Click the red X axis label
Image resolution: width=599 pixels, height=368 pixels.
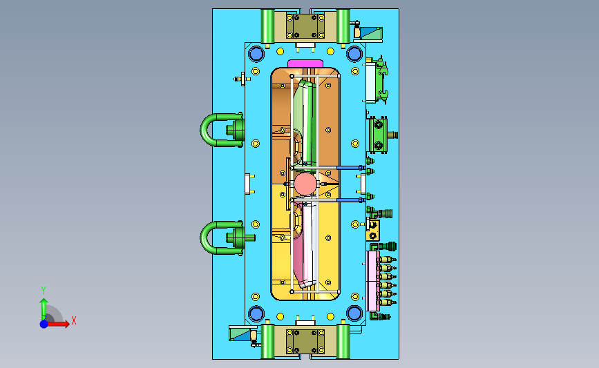pyautogui.click(x=74, y=320)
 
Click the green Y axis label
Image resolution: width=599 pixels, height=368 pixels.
pyautogui.click(x=44, y=291)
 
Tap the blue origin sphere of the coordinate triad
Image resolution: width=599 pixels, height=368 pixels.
pyautogui.click(x=44, y=324)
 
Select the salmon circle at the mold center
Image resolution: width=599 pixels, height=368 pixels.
pyautogui.click(x=305, y=184)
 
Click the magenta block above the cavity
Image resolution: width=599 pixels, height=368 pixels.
pyautogui.click(x=305, y=64)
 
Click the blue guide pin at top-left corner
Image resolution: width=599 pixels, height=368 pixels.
pyautogui.click(x=256, y=54)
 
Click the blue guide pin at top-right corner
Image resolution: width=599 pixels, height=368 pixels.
pyautogui.click(x=354, y=54)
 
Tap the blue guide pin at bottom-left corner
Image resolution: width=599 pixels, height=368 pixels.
pyautogui.click(x=256, y=313)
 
